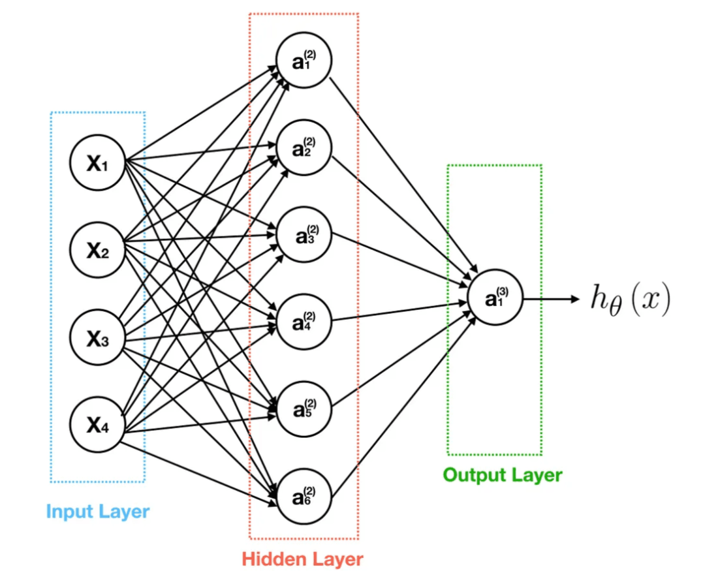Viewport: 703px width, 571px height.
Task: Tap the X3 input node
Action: pyautogui.click(x=97, y=337)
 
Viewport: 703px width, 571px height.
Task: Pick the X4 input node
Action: pyautogui.click(x=97, y=425)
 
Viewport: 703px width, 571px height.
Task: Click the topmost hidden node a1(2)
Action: pyautogui.click(x=304, y=60)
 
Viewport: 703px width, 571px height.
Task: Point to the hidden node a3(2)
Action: pyautogui.click(x=304, y=235)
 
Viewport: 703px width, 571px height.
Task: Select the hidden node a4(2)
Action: pyautogui.click(x=304, y=321)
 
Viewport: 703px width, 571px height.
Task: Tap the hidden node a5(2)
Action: pyautogui.click(x=304, y=407)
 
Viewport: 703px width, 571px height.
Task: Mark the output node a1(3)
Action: pyautogui.click(x=494, y=300)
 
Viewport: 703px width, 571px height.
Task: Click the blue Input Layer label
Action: pyautogui.click(x=98, y=511)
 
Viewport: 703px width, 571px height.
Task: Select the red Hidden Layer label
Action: pyautogui.click(x=302, y=559)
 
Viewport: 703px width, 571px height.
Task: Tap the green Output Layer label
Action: pyautogui.click(x=502, y=474)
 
